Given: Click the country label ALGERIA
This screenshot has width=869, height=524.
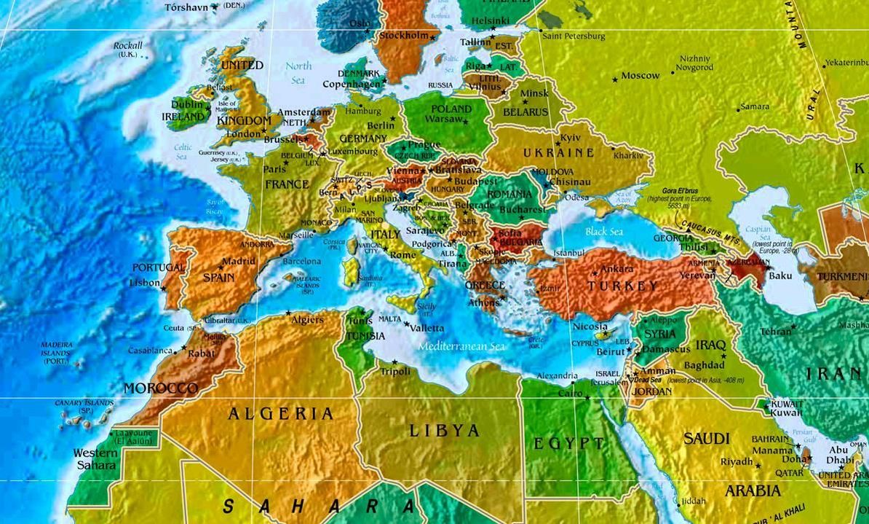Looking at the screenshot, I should point(280,414).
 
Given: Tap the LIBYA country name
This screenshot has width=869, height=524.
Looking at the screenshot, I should point(445,430).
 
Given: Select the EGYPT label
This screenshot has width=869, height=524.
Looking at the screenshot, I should point(568,443).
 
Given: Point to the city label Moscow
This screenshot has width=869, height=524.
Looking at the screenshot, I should point(640,76).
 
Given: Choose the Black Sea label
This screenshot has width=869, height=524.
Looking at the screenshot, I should point(604,232).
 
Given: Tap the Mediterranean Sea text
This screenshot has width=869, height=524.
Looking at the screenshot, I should point(461,347).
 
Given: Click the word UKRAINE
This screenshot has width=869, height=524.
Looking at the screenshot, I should point(559,153).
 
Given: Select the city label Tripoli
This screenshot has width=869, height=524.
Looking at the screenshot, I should point(396,372).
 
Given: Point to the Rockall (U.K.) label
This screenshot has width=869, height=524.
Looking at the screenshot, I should point(128,50).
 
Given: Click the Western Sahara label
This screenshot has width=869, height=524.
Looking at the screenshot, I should point(95,459).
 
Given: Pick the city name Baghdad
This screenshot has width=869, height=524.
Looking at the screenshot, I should point(705,364).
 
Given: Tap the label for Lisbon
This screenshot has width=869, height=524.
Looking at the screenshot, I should point(144,283).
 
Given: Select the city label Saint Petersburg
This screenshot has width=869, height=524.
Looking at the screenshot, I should point(574,36).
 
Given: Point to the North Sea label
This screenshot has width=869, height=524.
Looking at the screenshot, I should point(298,72).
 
